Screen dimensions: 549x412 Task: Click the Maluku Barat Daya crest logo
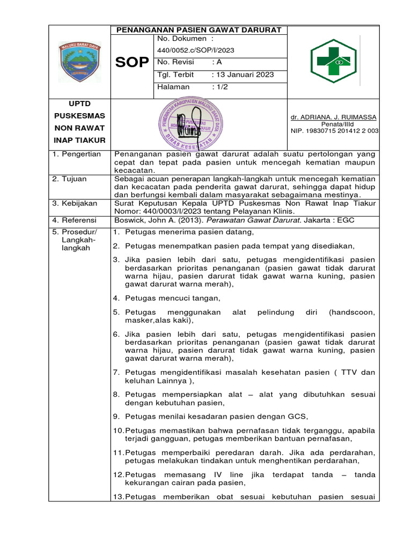pos(79,62)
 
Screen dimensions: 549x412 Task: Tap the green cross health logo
pos(334,61)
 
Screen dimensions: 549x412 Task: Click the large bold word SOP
pos(133,63)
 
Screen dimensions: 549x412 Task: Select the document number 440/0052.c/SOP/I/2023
pos(196,50)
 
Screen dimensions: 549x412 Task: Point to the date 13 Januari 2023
pos(243,75)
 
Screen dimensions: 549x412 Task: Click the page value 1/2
pos(220,87)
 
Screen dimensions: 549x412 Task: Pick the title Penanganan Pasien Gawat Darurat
pos(199,30)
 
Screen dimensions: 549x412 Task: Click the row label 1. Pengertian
pos(77,154)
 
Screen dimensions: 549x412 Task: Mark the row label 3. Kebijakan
pos(74,204)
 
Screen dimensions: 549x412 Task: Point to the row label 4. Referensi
pos(74,220)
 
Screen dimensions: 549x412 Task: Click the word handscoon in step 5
pos(352,312)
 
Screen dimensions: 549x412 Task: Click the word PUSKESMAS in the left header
pos(80,116)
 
